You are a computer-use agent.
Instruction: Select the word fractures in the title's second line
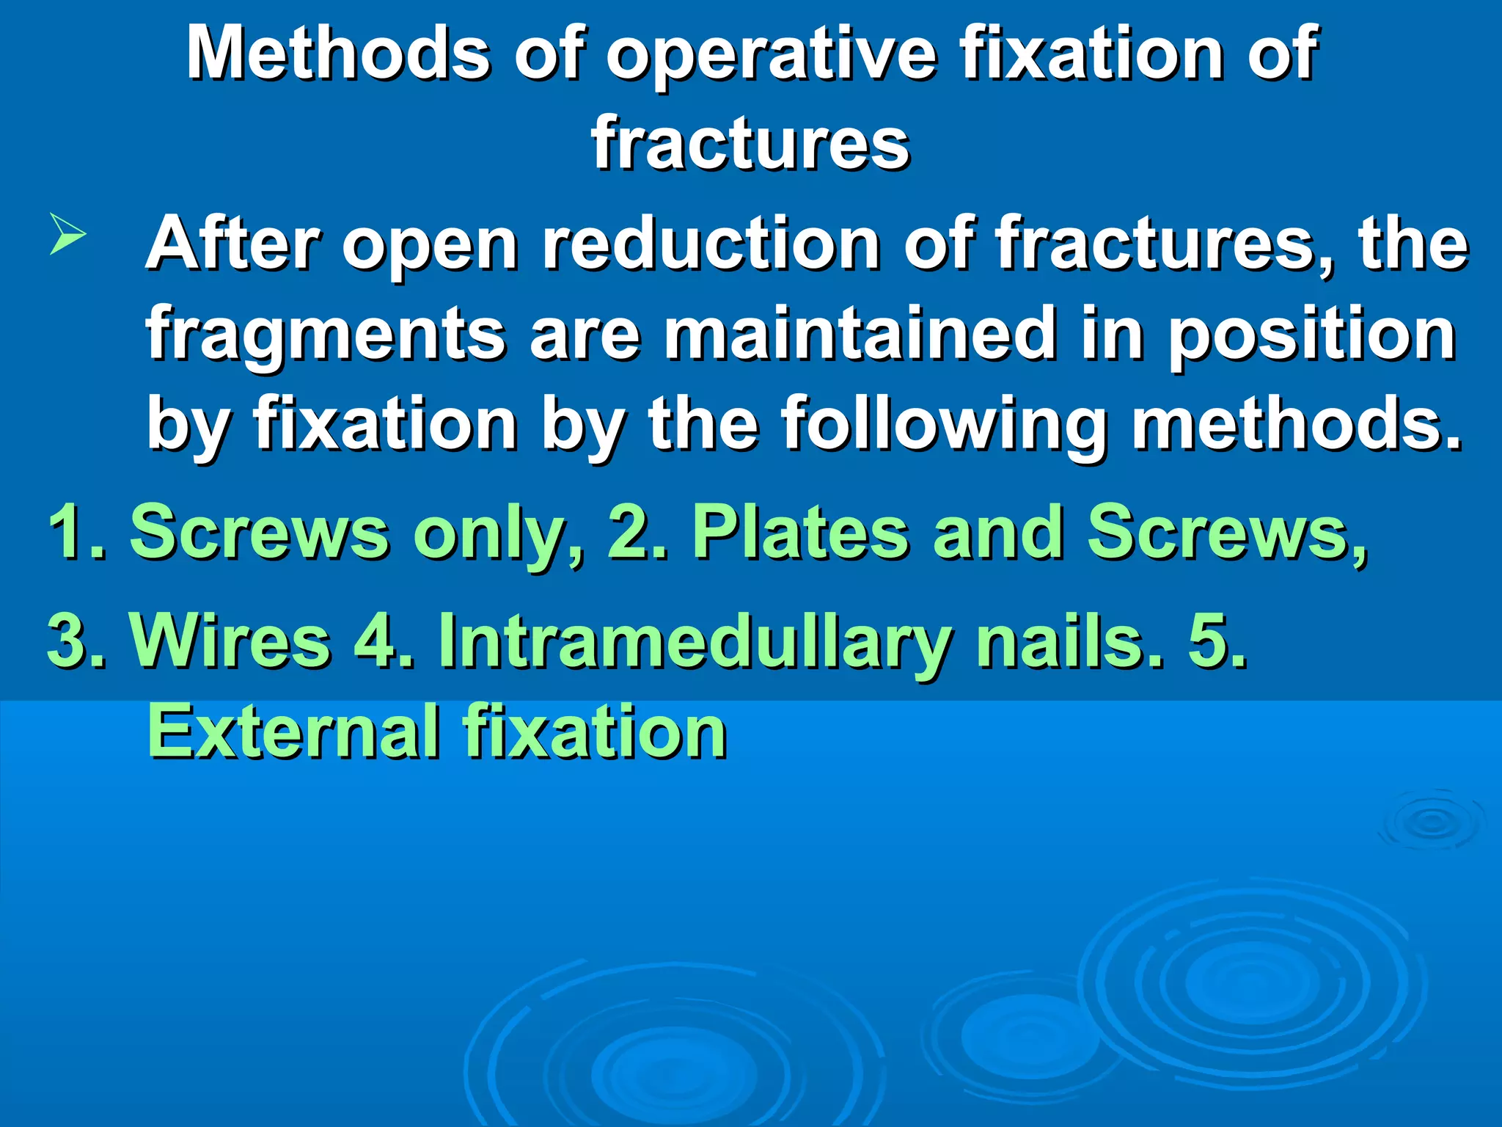point(750,143)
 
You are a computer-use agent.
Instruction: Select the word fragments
point(326,336)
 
